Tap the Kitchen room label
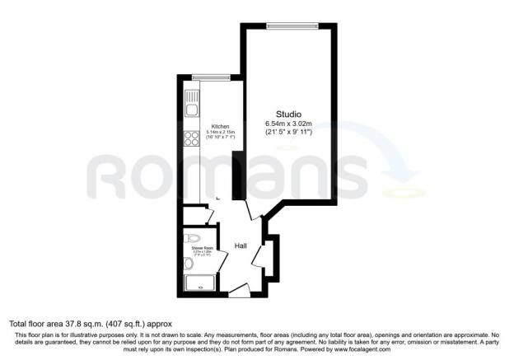(x=208, y=126)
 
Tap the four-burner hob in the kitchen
(x=192, y=139)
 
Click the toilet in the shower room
(x=188, y=263)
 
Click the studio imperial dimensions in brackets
(x=288, y=133)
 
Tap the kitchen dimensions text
(x=209, y=134)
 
